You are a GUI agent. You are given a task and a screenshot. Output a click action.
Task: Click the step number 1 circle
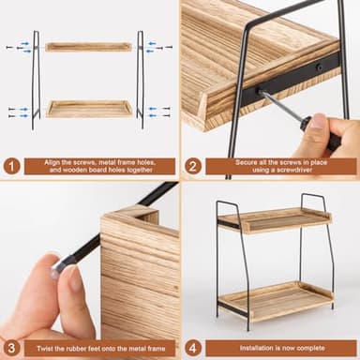click(12, 165)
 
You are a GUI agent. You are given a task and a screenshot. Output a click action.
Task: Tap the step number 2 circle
click(192, 165)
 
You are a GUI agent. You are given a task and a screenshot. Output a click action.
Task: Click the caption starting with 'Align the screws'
click(100, 165)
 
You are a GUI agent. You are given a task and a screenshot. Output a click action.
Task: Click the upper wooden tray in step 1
click(89, 46)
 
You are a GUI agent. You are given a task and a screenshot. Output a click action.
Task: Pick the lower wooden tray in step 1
click(89, 109)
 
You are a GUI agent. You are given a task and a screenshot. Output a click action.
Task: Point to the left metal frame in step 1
click(36, 80)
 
